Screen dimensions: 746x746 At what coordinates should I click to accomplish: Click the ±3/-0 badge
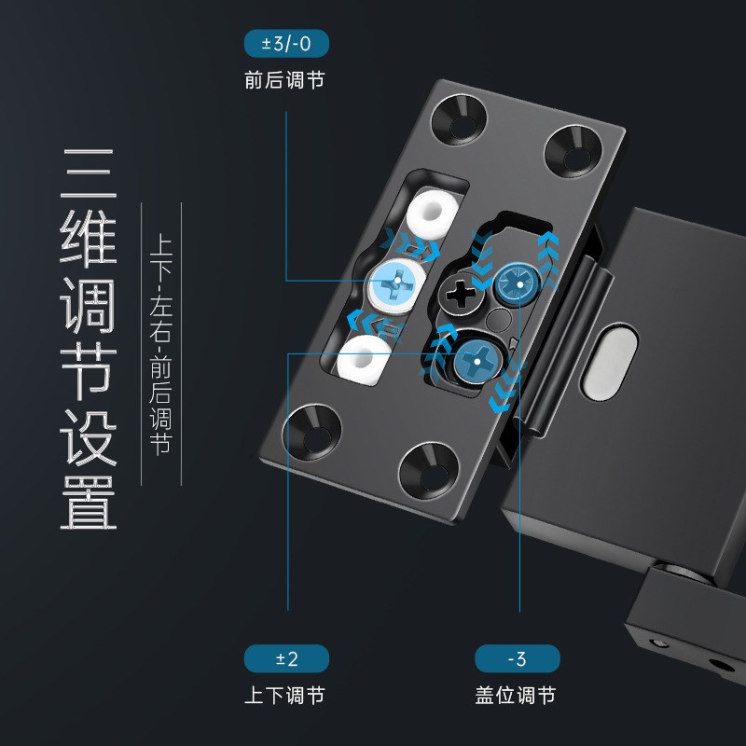pyautogui.click(x=285, y=44)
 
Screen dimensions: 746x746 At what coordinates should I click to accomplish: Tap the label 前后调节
pyautogui.click(x=285, y=81)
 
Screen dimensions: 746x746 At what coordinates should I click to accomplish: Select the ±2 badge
pyautogui.click(x=286, y=659)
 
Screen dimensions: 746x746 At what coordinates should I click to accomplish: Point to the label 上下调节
pyautogui.click(x=285, y=696)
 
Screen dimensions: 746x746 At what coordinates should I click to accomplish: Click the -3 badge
pyautogui.click(x=517, y=659)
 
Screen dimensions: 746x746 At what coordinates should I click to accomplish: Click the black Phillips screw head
pyautogui.click(x=459, y=297)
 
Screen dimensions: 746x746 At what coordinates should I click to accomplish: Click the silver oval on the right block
pyautogui.click(x=611, y=360)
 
